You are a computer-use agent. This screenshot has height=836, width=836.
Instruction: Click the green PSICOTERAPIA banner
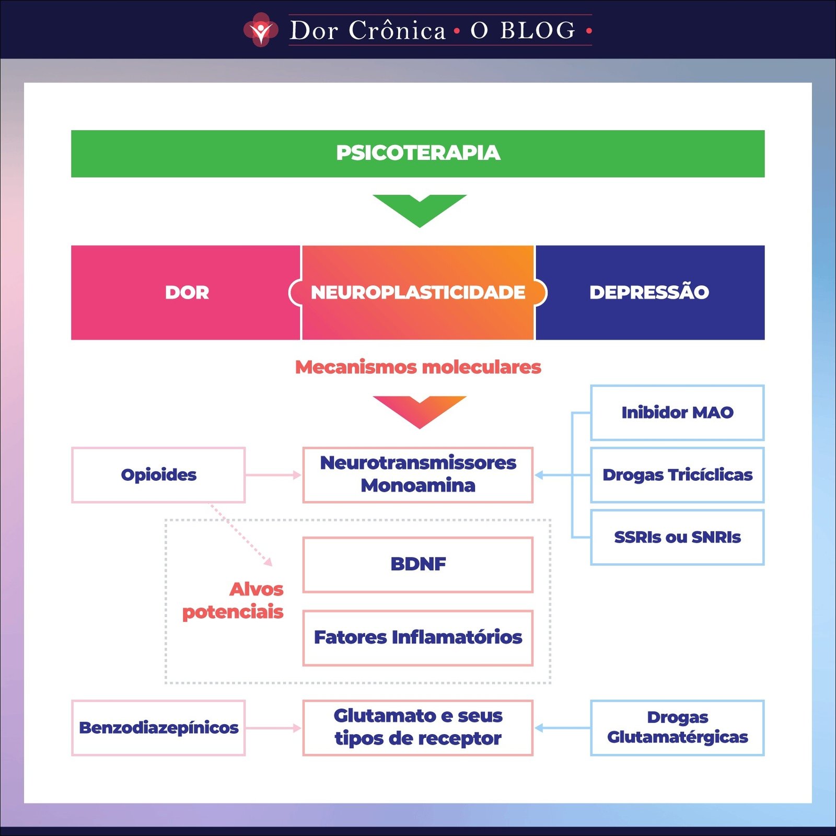(x=418, y=154)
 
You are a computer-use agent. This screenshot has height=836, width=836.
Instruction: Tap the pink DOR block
(x=186, y=293)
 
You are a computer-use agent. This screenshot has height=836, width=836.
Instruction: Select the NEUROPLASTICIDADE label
(x=418, y=293)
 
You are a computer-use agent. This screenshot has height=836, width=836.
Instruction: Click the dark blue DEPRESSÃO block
(x=649, y=293)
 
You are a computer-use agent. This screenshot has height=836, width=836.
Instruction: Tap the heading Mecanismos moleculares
(x=418, y=367)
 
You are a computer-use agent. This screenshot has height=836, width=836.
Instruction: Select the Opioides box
(x=158, y=475)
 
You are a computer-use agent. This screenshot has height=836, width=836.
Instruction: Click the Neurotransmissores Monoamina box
(x=418, y=475)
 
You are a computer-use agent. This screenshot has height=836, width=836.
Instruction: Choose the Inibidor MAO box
(x=677, y=413)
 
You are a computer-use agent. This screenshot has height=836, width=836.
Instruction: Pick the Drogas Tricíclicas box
(x=677, y=475)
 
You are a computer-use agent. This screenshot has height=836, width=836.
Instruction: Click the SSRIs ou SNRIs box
(x=677, y=537)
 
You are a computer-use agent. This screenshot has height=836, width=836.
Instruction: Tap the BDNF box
(x=418, y=565)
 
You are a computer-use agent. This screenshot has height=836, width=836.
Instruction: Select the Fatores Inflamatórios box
(x=418, y=638)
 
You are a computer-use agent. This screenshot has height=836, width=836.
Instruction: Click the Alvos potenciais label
(x=234, y=601)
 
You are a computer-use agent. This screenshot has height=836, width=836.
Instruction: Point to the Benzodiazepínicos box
(x=158, y=728)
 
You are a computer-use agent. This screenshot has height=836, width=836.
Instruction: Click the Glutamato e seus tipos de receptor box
(x=418, y=728)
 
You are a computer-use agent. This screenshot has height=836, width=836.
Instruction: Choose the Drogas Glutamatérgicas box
(x=677, y=728)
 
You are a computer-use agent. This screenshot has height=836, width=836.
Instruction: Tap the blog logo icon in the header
(x=260, y=30)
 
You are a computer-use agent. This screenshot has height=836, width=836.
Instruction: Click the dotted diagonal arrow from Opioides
(x=241, y=535)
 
